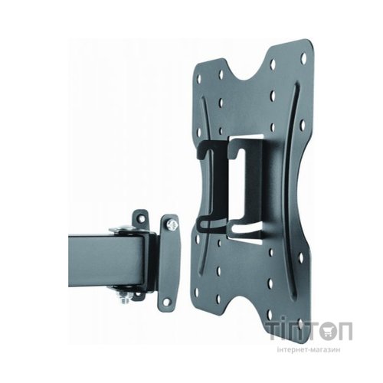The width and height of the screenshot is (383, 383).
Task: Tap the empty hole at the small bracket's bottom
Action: click(x=166, y=302)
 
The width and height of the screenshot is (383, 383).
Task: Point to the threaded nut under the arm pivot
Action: click(x=124, y=298)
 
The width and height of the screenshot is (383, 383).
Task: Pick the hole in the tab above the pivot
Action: click(x=141, y=218)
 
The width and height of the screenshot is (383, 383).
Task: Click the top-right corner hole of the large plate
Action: click(x=303, y=58)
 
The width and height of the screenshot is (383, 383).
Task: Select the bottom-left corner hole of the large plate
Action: click(x=197, y=293)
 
